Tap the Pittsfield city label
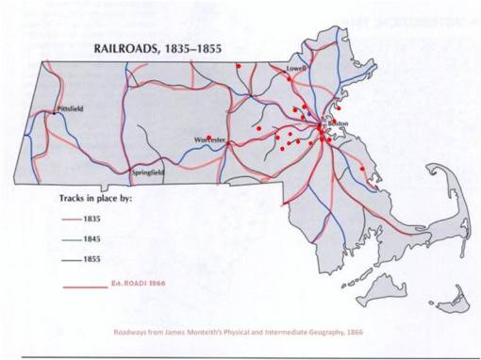coord(70,109)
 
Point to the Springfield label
coord(147,173)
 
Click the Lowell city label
coord(298,69)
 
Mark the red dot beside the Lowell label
coord(289,79)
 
